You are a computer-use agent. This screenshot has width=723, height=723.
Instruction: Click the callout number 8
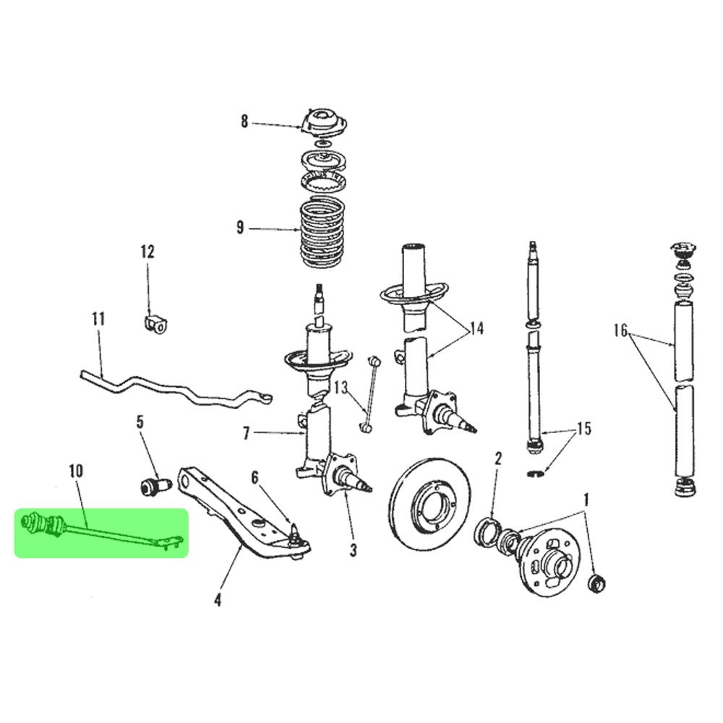pos(244,122)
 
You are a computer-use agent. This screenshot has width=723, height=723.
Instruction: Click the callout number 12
pos(147,252)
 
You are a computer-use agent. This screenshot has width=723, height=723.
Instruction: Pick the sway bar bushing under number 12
pos(155,322)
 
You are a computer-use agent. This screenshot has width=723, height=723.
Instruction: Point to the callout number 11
pos(98,318)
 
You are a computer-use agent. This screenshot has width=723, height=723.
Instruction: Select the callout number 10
pos(76,471)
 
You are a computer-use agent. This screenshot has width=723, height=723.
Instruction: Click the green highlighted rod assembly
pos(101,532)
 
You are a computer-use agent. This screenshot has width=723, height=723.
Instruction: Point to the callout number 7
pos(246,434)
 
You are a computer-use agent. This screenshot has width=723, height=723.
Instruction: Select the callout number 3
pos(353,551)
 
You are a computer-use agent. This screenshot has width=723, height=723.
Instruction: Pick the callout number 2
pos(497,458)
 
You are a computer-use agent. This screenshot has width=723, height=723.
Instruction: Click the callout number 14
pos(475,330)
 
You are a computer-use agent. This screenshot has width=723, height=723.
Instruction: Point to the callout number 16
pos(620,332)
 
